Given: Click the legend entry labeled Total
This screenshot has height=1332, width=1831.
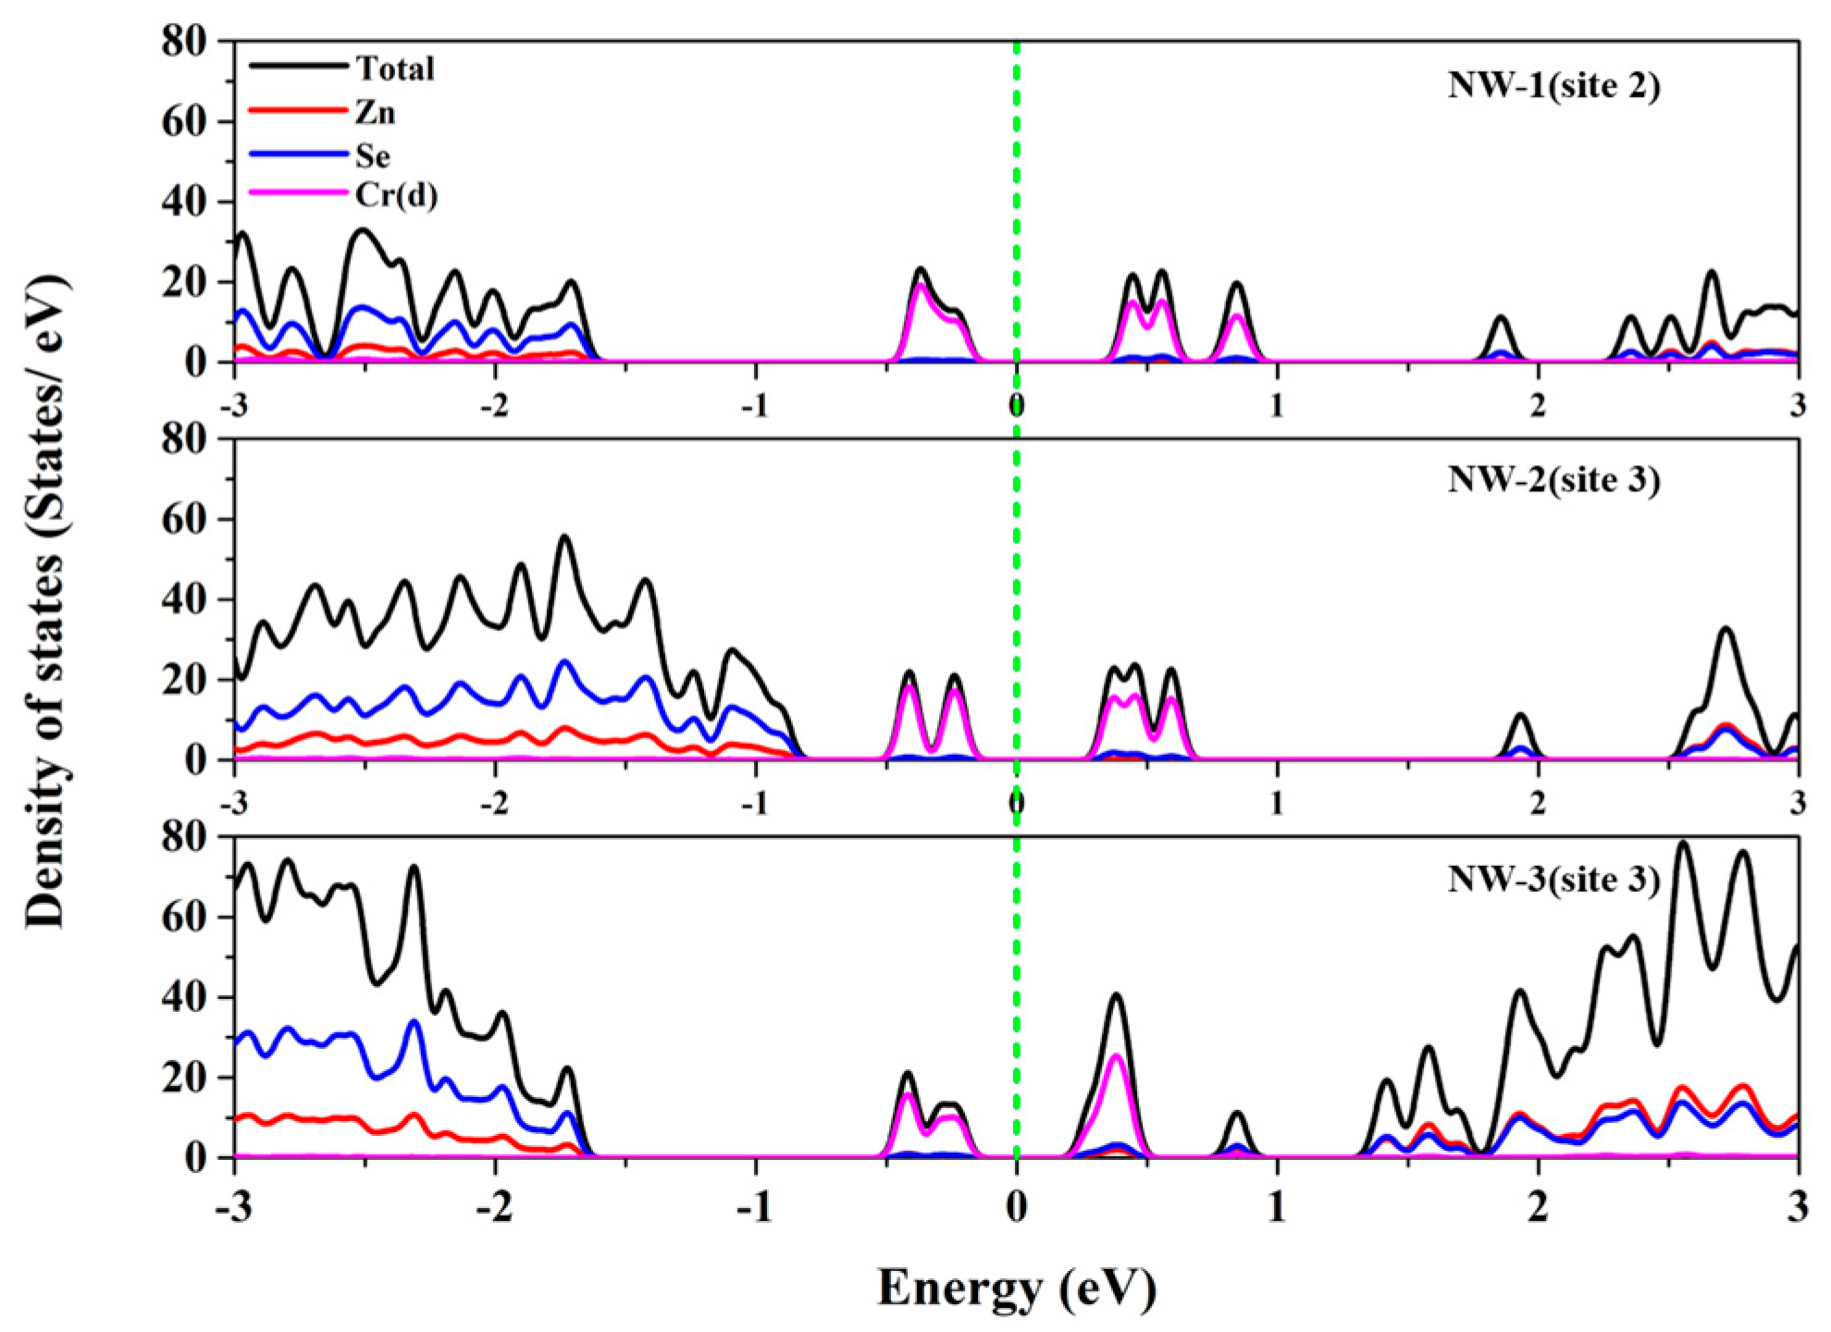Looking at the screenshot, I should click(395, 68).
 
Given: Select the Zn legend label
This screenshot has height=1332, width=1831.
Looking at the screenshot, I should click(375, 113).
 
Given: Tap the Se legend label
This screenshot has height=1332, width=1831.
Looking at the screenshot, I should click(373, 156).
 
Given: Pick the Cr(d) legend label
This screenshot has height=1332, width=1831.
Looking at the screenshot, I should click(396, 196).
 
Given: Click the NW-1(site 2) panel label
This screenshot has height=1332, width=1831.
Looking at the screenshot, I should click(1553, 85).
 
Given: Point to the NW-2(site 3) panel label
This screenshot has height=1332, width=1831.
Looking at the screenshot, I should click(1553, 480).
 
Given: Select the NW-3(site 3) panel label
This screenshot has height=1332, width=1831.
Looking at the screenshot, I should click(1553, 878).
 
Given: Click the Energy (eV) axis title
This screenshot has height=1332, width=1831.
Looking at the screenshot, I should click(1016, 1287).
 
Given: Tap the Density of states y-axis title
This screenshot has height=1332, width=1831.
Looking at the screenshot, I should click(46, 601).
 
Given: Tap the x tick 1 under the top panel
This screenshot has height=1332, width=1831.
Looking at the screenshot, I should click(1277, 405).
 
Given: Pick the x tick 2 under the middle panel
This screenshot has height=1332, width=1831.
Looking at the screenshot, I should click(1537, 803).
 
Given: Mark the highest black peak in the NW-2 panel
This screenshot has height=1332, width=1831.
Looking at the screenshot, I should click(564, 537).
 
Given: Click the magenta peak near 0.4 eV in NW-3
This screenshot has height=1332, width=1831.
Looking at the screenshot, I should click(1116, 1056).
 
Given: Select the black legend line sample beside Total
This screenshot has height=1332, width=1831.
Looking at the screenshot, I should click(298, 66).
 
